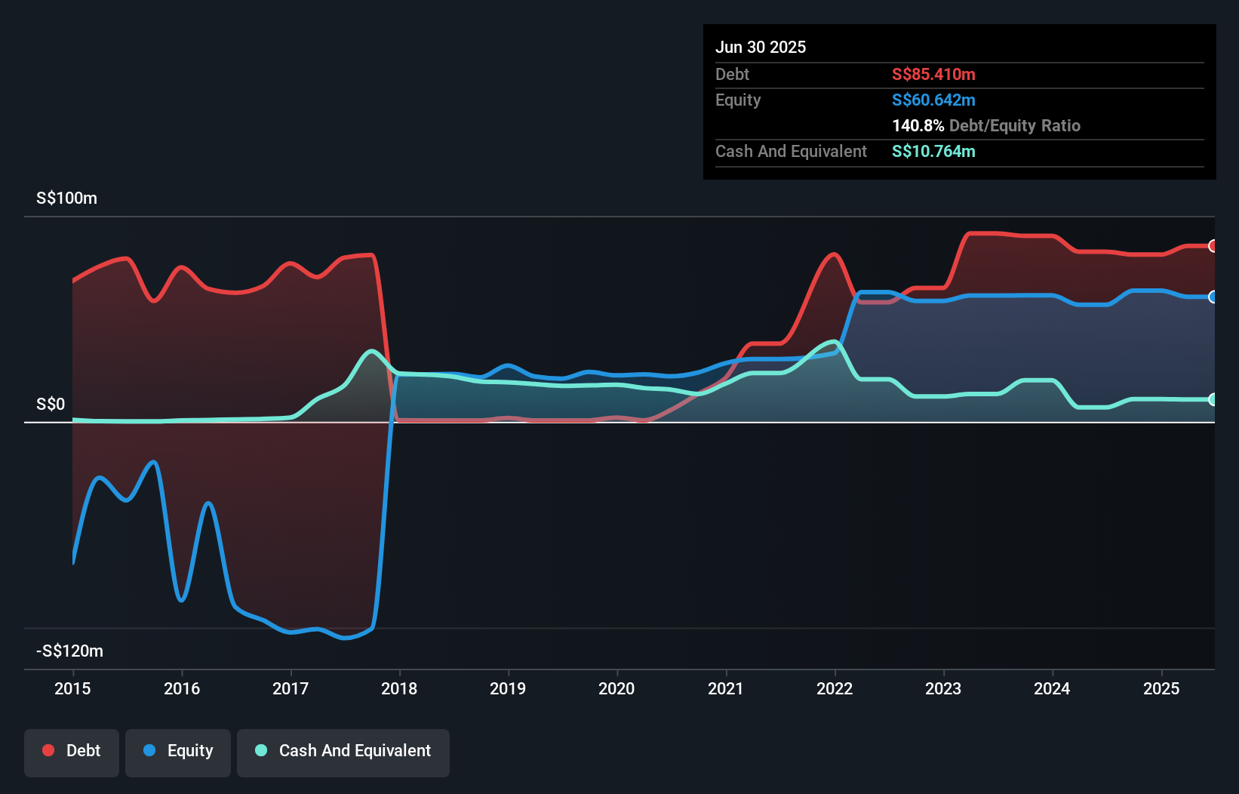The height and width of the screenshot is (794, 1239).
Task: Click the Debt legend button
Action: (72, 752)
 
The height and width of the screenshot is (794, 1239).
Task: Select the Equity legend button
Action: (178, 752)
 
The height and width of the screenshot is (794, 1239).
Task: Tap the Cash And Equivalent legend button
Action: (343, 752)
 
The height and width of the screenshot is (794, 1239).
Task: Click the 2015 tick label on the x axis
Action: (72, 688)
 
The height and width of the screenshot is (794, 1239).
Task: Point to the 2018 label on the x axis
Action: (399, 688)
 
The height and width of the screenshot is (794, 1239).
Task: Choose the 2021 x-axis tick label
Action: (725, 688)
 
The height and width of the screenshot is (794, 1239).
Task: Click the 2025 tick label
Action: (1161, 688)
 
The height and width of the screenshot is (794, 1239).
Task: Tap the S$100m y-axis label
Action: (66, 198)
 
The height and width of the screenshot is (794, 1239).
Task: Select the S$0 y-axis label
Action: (51, 404)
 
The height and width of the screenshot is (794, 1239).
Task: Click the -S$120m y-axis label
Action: (69, 651)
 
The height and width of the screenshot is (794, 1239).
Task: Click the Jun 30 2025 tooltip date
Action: (761, 47)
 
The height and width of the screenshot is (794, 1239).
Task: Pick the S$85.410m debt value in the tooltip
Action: (933, 74)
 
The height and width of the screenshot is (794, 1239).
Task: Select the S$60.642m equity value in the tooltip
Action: (933, 100)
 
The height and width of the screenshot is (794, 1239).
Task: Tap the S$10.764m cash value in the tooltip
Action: (933, 151)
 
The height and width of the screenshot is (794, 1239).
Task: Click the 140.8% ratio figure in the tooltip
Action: (918, 125)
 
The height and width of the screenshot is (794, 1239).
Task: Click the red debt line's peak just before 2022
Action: (834, 254)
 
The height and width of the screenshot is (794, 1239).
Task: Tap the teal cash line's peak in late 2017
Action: (370, 351)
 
